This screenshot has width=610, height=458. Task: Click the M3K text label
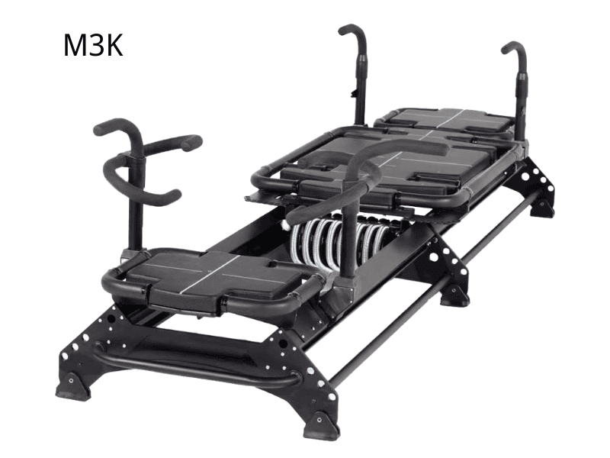click(x=93, y=46)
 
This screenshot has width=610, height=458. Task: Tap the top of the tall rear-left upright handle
click(x=352, y=29)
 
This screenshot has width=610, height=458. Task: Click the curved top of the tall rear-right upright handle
click(x=514, y=47)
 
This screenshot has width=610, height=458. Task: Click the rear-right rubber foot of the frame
click(x=543, y=206)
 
